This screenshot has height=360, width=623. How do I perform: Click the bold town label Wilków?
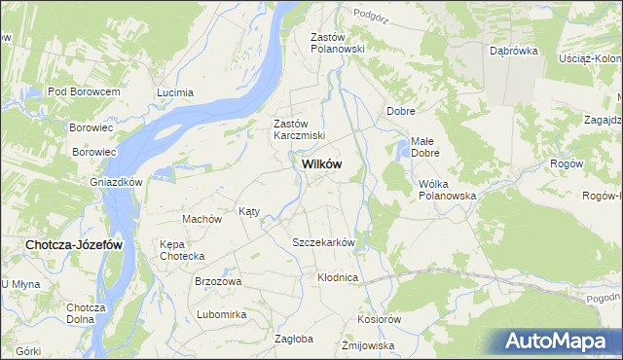pos(315,164)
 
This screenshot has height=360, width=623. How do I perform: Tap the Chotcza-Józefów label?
pos(74,245)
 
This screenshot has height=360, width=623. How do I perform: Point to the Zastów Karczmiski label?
pos(299,129)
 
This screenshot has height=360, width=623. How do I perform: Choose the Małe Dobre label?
pos(425,147)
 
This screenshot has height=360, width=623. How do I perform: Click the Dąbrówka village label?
pos(514,52)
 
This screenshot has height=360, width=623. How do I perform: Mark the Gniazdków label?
pos(116,182)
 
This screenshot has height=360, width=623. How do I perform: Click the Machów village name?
pos(202,219)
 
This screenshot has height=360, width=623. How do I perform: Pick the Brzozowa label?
pos(218,281)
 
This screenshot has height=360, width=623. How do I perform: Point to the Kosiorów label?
pos(380,319)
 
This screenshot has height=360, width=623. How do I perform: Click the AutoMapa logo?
pos(560,342)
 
